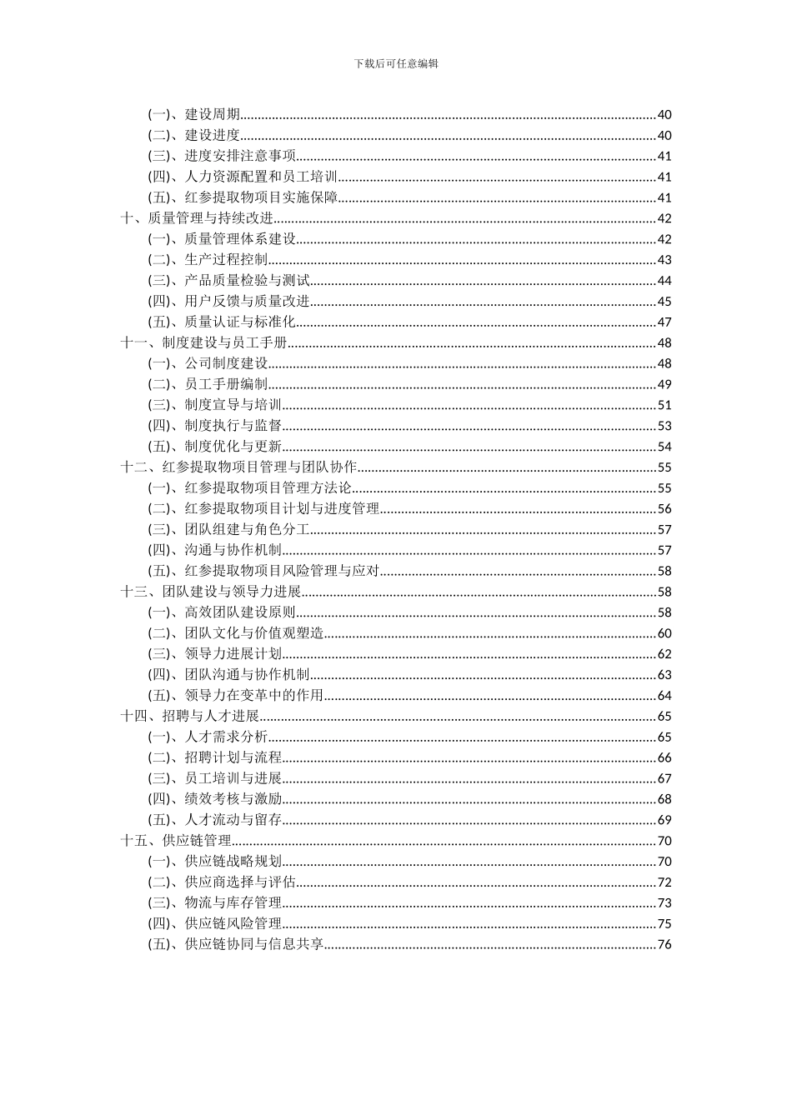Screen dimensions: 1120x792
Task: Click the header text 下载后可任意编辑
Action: click(x=396, y=62)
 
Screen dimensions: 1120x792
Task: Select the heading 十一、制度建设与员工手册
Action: click(x=204, y=342)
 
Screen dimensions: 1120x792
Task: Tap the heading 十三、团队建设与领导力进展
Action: click(x=211, y=592)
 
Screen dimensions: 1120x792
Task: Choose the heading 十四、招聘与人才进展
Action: click(x=190, y=716)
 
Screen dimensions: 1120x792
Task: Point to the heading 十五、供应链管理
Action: click(x=176, y=841)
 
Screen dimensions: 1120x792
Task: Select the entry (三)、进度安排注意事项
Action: click(x=222, y=156)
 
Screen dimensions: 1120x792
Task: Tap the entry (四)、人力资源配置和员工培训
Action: click(x=243, y=177)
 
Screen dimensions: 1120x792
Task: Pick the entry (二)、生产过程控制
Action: click(x=208, y=260)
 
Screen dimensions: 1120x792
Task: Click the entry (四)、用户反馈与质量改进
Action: click(x=228, y=302)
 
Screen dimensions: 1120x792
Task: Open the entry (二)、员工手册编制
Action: click(x=208, y=384)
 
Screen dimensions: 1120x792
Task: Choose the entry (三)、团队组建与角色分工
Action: click(x=228, y=529)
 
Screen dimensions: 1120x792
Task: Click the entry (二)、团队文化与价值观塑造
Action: click(x=236, y=633)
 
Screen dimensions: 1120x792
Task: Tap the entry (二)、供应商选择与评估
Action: click(x=222, y=882)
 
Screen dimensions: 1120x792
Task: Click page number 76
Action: click(x=664, y=944)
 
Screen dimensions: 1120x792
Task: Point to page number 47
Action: click(x=664, y=322)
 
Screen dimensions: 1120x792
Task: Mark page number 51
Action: click(x=664, y=405)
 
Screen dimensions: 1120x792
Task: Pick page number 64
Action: click(x=664, y=696)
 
